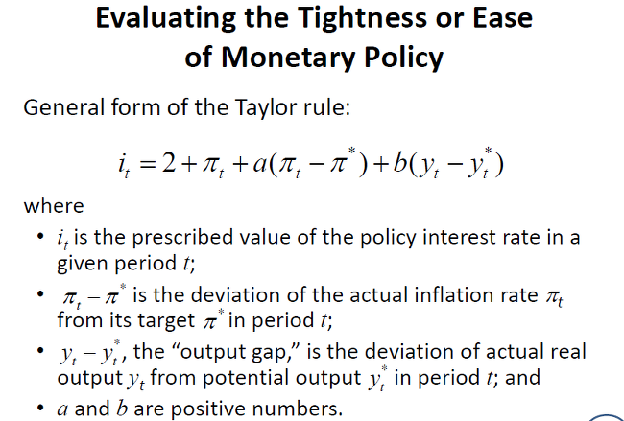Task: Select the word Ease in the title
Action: (x=502, y=18)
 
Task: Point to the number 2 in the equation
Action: (x=169, y=163)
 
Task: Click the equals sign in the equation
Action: (x=147, y=164)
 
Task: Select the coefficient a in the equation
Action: (x=260, y=164)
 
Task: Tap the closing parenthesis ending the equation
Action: (x=499, y=165)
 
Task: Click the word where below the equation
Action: (x=54, y=206)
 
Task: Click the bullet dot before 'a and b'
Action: (x=40, y=408)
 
